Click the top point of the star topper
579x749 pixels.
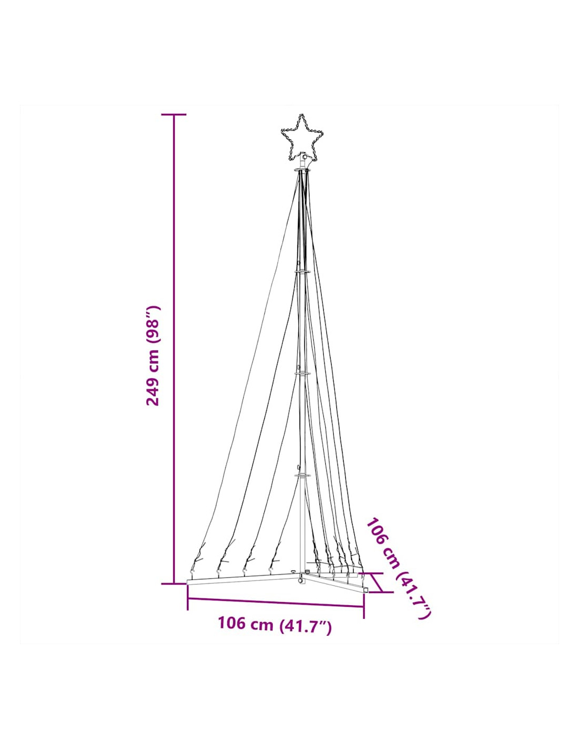pyautogui.click(x=302, y=115)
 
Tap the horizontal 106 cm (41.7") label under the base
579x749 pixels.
pyautogui.click(x=275, y=624)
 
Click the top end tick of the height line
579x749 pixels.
pyautogui.click(x=174, y=114)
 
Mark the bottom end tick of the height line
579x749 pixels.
pyautogui.click(x=174, y=584)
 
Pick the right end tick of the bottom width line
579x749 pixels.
pyautogui.click(x=364, y=606)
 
